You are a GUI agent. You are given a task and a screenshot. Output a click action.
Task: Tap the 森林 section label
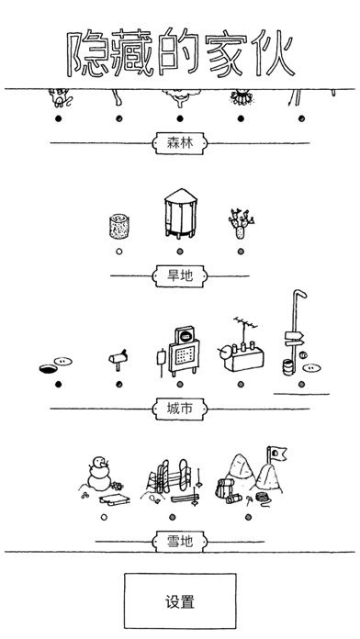click(180, 142)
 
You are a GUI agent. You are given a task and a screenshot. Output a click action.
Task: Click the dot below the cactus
click(240, 251)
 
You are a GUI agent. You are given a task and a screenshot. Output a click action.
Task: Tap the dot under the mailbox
click(118, 384)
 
